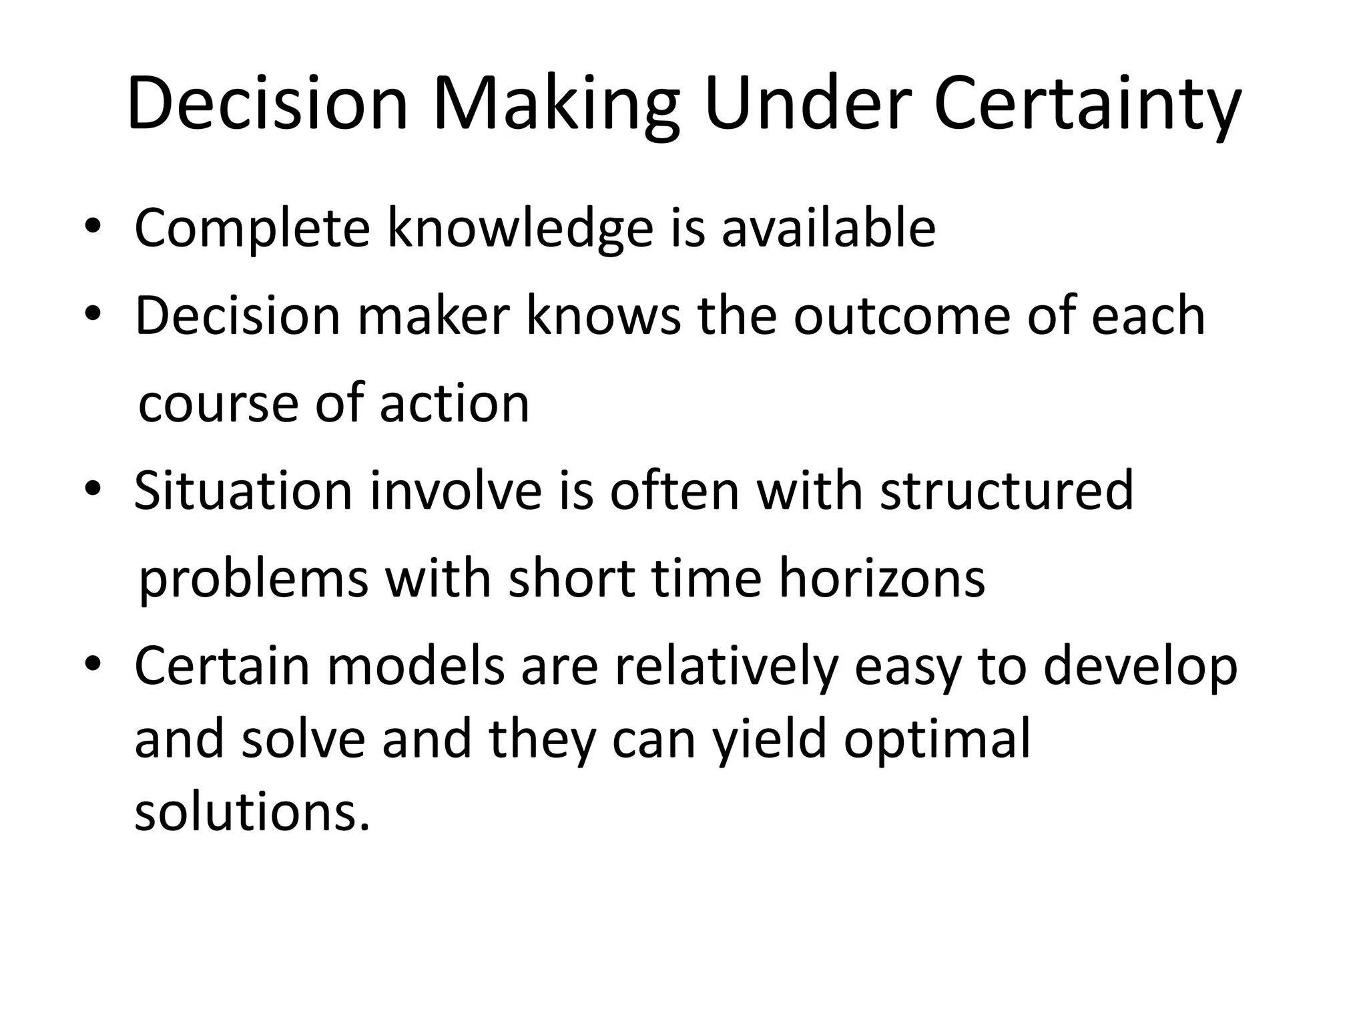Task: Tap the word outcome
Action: [902, 316]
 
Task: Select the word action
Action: [455, 403]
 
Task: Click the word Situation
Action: [243, 491]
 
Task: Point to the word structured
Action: [1007, 491]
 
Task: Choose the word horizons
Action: [882, 578]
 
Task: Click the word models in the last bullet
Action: [415, 666]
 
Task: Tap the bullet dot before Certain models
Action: [93, 665]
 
